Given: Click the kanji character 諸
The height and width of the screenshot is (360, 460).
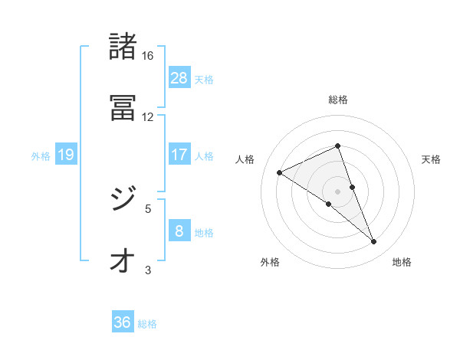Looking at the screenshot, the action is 123,47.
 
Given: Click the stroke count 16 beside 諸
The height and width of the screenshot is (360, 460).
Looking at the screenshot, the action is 147,56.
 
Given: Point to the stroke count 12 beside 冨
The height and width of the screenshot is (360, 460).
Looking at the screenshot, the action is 147,116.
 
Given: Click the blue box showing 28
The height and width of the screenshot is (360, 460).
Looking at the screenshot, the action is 179,77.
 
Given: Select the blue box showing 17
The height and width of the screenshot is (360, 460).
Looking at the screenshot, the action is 179,154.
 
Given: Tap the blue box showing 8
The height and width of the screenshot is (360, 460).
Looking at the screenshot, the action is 179,231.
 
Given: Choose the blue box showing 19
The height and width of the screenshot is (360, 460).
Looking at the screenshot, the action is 66,155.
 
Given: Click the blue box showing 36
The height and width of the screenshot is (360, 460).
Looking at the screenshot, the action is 123,322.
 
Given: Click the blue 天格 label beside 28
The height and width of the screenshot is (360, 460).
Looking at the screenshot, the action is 204,79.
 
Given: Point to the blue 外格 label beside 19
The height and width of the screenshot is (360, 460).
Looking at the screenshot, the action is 41,155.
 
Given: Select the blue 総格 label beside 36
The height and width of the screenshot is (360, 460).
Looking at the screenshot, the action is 147,324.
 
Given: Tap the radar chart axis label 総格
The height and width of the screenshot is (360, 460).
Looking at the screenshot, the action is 338,100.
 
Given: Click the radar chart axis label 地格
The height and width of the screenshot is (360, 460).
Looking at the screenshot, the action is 402,262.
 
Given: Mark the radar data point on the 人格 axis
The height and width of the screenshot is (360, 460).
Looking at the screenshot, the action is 280,173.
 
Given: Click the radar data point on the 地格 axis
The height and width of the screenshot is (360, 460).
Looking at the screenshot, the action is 374,242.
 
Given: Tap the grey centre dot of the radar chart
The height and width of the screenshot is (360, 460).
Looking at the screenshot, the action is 338,191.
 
